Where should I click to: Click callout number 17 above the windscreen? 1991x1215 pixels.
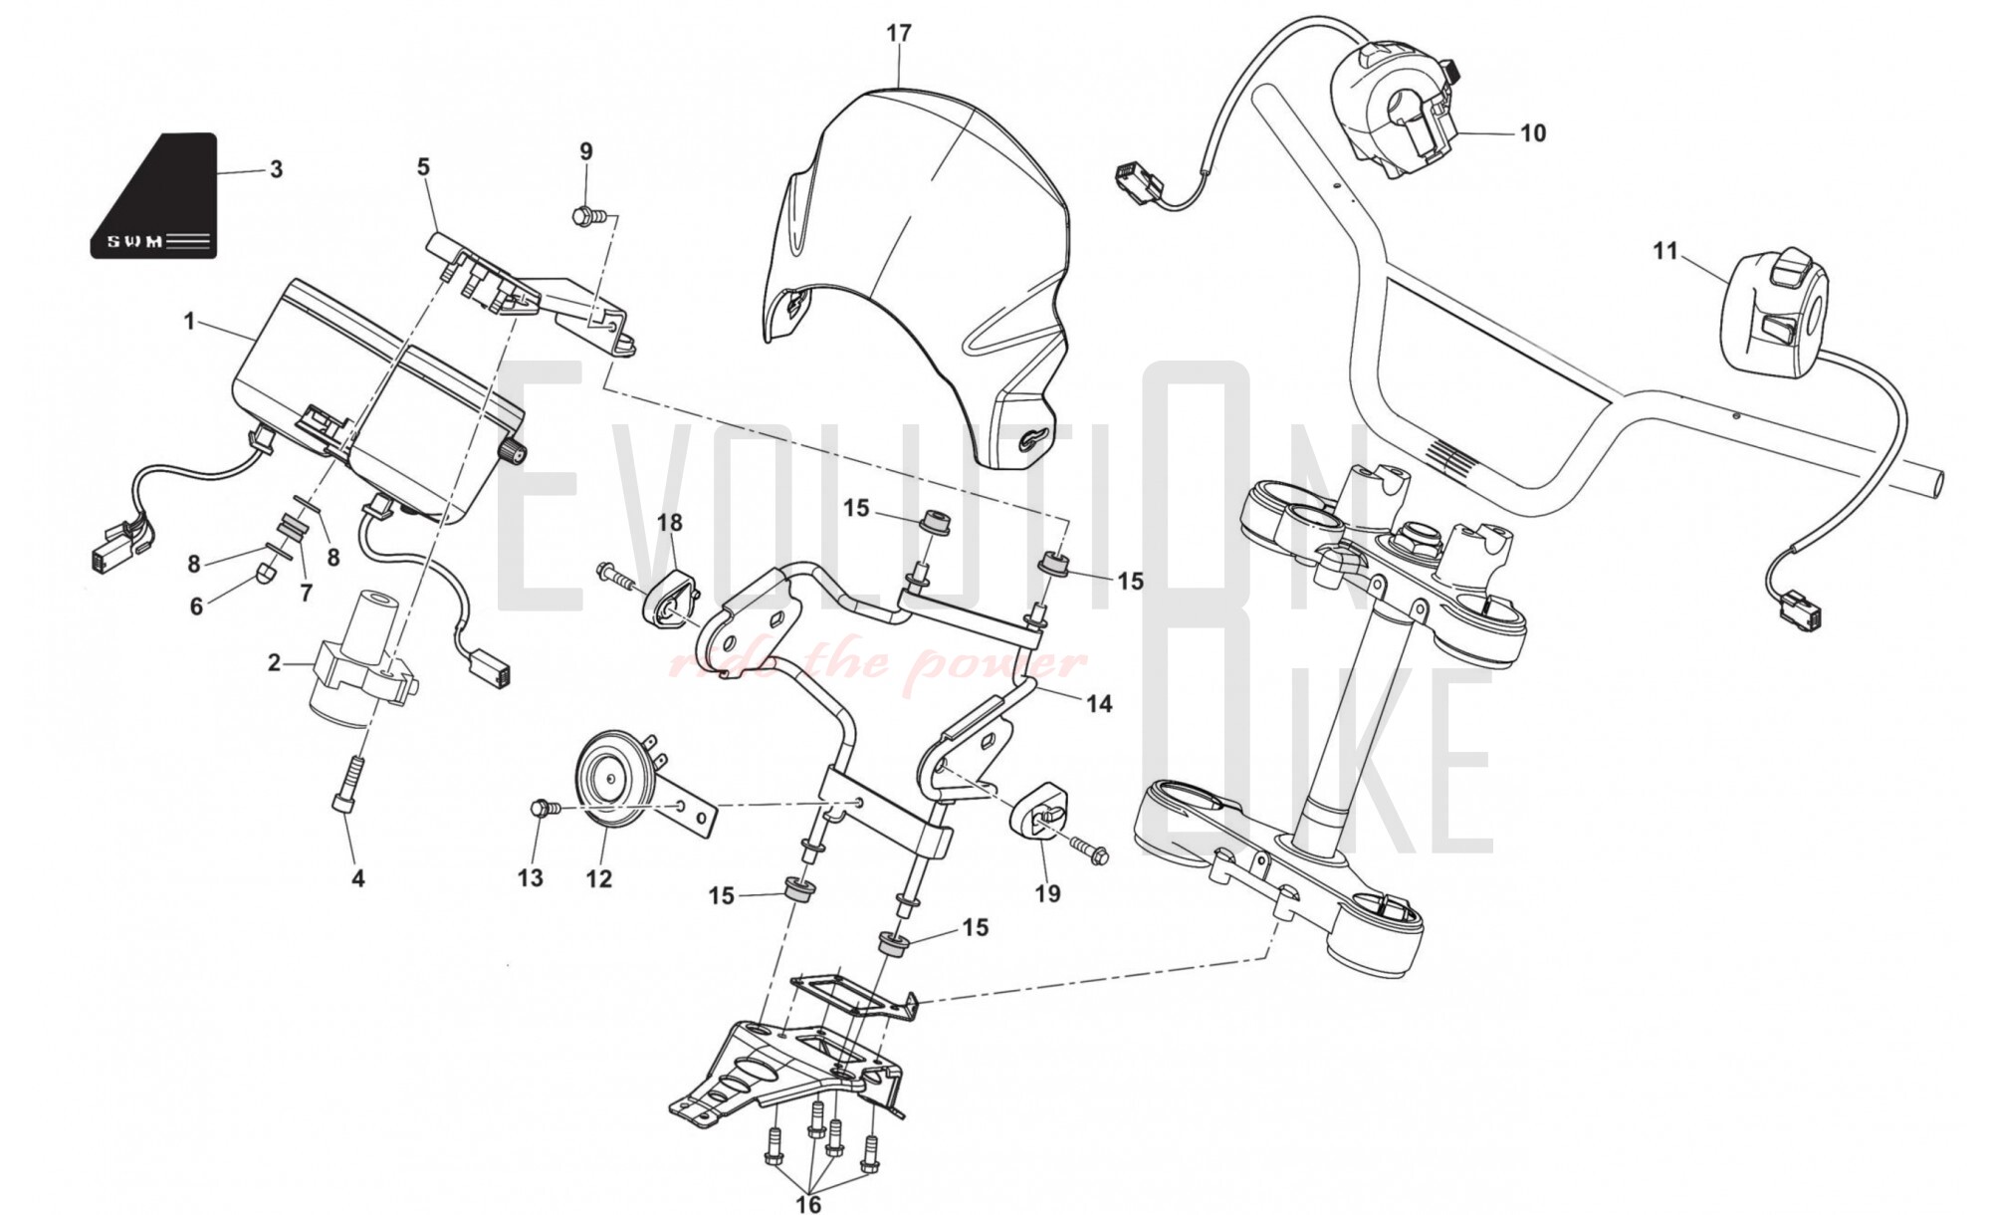[x=898, y=34]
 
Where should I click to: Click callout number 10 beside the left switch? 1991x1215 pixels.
[x=1533, y=133]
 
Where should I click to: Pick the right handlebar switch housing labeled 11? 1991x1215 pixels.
[x=1776, y=314]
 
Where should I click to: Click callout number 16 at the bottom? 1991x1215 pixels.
[x=808, y=1203]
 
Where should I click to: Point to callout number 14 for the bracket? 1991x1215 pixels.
[x=1098, y=703]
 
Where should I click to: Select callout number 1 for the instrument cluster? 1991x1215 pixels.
[x=189, y=322]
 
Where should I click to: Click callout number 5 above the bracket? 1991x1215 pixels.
[x=423, y=166]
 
